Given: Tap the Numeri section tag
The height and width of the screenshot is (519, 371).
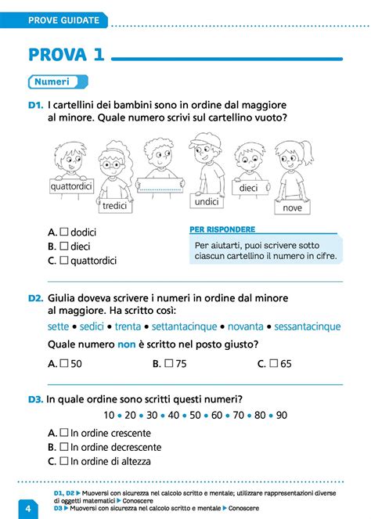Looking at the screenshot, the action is point(52,81).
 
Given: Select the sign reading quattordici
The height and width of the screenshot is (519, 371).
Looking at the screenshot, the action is point(71,186).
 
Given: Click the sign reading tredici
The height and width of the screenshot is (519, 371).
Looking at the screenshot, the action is point(114,205).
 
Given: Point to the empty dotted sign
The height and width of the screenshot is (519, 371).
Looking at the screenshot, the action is point(159,185).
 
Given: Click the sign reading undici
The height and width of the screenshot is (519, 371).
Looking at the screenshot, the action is point(207,201).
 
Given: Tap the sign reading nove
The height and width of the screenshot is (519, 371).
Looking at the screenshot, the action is point(292,208).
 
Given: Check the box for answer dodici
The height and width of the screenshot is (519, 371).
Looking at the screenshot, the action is point(64,232).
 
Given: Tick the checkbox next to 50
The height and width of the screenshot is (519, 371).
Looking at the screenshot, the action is point(64,364).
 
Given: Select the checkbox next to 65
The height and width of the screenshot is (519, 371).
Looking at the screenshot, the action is point(274,364).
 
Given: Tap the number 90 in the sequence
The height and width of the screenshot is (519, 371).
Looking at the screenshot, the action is point(282,415).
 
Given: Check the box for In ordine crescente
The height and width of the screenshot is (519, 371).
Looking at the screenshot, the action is point(64,433).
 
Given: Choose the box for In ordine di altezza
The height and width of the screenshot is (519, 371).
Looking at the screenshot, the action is point(64,461).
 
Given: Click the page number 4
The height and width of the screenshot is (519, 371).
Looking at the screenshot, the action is point(27,508).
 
